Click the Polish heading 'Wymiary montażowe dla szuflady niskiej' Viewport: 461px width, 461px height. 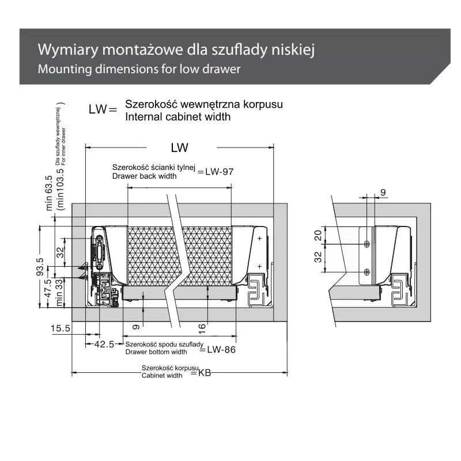[175, 49]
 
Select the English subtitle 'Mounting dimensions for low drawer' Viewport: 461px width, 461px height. [138, 69]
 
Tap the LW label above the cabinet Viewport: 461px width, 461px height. [179, 148]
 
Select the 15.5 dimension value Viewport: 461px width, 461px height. [61, 328]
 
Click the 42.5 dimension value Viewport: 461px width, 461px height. [104, 344]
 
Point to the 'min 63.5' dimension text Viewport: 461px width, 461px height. [49, 194]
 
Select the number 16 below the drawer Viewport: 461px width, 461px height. [202, 327]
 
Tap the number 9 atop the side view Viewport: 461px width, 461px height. [383, 191]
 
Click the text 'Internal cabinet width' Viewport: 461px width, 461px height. [177, 116]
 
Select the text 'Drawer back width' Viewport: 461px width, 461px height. [144, 175]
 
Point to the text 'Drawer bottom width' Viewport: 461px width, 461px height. [156, 352]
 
